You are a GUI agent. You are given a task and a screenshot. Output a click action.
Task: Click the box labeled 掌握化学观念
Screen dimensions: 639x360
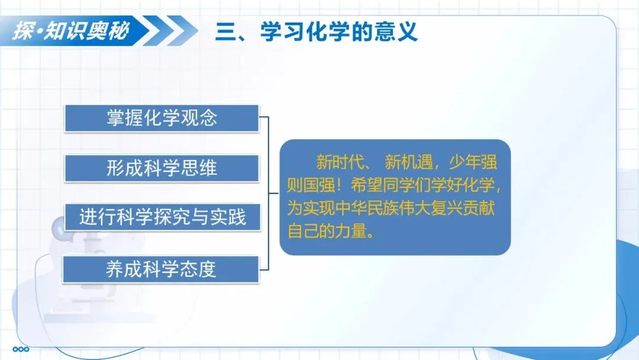pos(162,118)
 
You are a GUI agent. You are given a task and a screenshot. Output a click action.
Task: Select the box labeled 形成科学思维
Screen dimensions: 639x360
pos(162,168)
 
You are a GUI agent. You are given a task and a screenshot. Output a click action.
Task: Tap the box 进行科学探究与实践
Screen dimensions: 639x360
pos(163,217)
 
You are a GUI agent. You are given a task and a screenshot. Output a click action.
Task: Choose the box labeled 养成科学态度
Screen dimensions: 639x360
pos(161,269)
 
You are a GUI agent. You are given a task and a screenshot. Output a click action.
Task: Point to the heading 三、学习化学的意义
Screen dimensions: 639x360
pos(317,32)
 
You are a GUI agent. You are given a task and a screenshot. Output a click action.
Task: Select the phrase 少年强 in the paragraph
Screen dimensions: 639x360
pos(473,162)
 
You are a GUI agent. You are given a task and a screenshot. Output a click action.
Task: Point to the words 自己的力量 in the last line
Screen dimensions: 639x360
pos(327,231)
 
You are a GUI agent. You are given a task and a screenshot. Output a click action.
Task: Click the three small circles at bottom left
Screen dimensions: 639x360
pos(21,349)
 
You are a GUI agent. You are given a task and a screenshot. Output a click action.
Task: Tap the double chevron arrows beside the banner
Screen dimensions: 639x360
pos(171,31)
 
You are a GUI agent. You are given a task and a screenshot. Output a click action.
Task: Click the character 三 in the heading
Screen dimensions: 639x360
pos(226,32)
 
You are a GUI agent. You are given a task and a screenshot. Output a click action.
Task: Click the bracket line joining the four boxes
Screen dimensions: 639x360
pos(269,193)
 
